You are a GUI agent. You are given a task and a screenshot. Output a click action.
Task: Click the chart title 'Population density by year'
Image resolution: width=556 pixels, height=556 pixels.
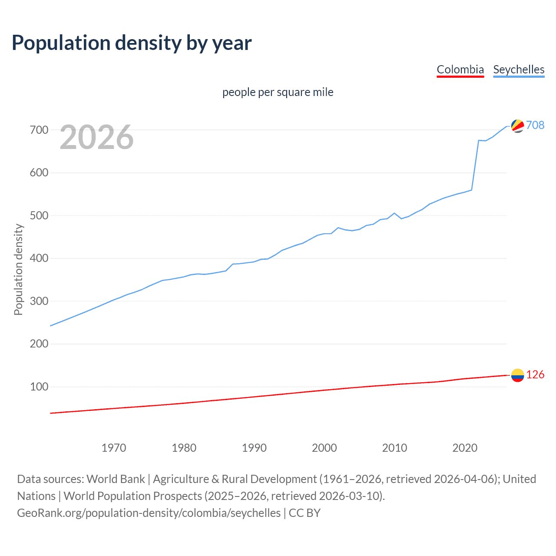(132, 43)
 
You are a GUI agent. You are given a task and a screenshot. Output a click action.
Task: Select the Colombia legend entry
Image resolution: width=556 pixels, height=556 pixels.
(460, 69)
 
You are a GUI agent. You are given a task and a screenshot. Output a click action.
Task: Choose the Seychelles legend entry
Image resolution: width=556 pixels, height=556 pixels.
(519, 69)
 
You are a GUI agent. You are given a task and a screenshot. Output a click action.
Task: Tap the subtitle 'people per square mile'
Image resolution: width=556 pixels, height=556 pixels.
(278, 92)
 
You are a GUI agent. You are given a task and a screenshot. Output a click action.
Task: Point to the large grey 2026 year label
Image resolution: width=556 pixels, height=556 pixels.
(96, 137)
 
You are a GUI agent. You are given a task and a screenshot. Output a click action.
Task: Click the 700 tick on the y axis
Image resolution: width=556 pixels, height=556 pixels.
(39, 130)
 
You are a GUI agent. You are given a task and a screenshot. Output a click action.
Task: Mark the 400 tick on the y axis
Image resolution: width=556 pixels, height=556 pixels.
(39, 258)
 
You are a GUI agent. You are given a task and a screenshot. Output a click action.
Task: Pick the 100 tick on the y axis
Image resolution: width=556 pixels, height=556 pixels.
(39, 387)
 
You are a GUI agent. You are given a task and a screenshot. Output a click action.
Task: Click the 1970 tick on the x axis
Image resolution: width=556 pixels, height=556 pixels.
(114, 448)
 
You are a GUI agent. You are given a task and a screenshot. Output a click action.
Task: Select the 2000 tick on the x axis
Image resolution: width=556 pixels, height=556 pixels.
(324, 448)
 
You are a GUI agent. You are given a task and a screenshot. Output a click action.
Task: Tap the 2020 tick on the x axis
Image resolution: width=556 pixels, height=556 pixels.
(465, 448)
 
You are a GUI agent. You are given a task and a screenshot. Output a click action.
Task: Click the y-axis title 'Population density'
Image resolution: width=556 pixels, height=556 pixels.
(18, 269)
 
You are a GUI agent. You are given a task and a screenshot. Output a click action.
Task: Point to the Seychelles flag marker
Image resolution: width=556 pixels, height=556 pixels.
(517, 126)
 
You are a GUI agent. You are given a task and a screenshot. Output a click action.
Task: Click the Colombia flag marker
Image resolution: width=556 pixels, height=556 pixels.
(517, 375)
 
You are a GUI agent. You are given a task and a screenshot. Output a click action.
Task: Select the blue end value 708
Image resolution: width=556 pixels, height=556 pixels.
(535, 125)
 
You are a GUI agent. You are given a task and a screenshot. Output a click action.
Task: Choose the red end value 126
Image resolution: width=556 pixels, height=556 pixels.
(535, 374)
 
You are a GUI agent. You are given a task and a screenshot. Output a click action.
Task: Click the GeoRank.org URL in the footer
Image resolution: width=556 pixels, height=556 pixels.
(149, 513)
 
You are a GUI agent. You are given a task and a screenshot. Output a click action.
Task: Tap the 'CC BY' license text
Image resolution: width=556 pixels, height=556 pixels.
(304, 513)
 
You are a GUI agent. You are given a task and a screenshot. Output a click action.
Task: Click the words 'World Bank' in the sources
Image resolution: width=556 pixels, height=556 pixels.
(116, 479)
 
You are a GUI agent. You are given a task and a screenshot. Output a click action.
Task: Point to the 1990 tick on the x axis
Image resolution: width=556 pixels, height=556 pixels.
(254, 448)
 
